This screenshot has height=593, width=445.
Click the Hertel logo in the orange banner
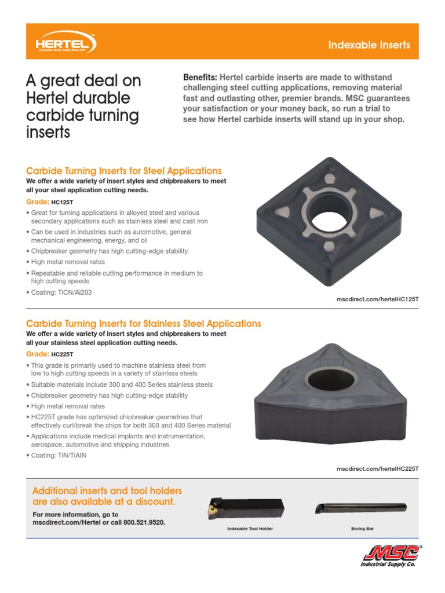(65, 44)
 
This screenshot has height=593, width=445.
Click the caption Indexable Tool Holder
(250, 529)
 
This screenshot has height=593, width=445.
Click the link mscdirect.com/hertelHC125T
(377, 299)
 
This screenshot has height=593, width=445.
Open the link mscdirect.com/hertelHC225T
(377, 468)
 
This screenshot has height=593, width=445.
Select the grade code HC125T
(63, 202)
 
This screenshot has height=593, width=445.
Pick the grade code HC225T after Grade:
(63, 354)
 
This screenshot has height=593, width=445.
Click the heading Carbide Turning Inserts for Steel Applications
(124, 171)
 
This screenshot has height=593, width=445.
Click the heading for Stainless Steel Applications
(144, 324)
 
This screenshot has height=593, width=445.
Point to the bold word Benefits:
(200, 78)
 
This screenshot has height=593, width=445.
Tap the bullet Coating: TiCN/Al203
(61, 292)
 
